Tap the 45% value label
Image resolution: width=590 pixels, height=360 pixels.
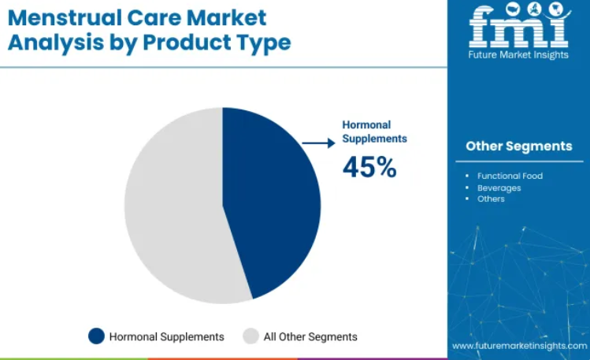pyautogui.click(x=369, y=167)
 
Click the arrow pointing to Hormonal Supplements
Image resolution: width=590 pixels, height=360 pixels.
pyautogui.click(x=318, y=143)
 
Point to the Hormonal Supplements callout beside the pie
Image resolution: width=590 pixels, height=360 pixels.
pyautogui.click(x=374, y=132)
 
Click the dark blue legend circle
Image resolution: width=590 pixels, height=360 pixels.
pyautogui.click(x=96, y=336)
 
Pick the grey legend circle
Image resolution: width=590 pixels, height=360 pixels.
pyautogui.click(x=250, y=336)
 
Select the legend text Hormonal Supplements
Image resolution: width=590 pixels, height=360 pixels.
pyautogui.click(x=167, y=336)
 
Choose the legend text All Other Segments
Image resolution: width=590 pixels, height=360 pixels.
pyautogui.click(x=310, y=336)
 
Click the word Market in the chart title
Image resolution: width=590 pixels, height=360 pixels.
pyautogui.click(x=227, y=17)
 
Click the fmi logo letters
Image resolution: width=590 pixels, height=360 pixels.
pyautogui.click(x=519, y=25)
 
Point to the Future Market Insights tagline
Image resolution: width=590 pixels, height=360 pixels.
pyautogui.click(x=518, y=55)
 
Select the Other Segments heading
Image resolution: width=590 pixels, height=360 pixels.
pyautogui.click(x=519, y=146)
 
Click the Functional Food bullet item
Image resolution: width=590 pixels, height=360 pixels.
pyautogui.click(x=510, y=176)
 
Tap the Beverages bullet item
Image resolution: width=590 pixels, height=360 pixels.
pyautogui.click(x=499, y=187)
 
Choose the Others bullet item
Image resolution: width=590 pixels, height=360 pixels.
pyautogui.click(x=491, y=199)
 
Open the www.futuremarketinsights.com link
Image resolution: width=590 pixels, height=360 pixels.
pyautogui.click(x=520, y=346)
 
